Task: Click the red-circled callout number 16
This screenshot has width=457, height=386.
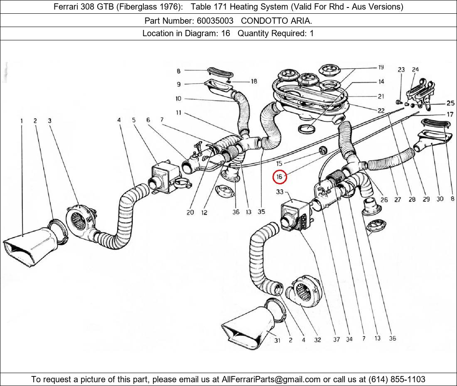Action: click(279, 177)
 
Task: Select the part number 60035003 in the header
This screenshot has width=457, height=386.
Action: click(215, 20)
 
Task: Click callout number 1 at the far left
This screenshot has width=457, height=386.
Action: click(21, 121)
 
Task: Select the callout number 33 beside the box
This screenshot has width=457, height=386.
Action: click(280, 192)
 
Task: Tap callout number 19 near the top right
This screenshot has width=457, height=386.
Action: click(381, 67)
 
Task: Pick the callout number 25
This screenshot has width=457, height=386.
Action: click(450, 103)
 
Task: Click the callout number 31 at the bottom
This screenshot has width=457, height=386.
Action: click(277, 340)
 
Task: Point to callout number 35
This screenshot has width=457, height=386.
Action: click(261, 212)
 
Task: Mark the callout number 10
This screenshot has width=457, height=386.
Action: click(178, 99)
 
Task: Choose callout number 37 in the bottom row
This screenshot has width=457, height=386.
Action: click(336, 339)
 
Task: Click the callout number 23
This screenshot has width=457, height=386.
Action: click(401, 69)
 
